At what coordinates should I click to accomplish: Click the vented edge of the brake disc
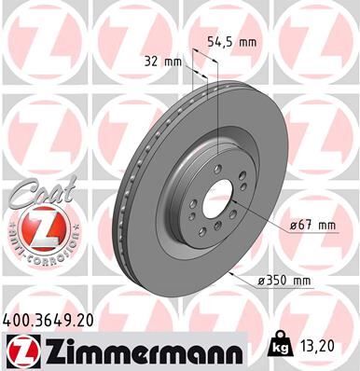[x=121, y=186]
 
